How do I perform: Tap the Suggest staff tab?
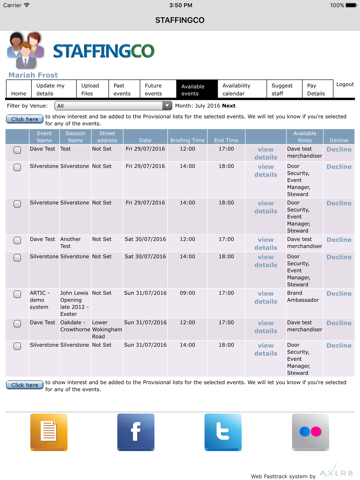282,89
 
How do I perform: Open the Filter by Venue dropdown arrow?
167,105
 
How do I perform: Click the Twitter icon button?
223,432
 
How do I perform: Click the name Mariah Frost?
33,74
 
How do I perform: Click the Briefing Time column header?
187,140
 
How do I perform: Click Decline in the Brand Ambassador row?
339,294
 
